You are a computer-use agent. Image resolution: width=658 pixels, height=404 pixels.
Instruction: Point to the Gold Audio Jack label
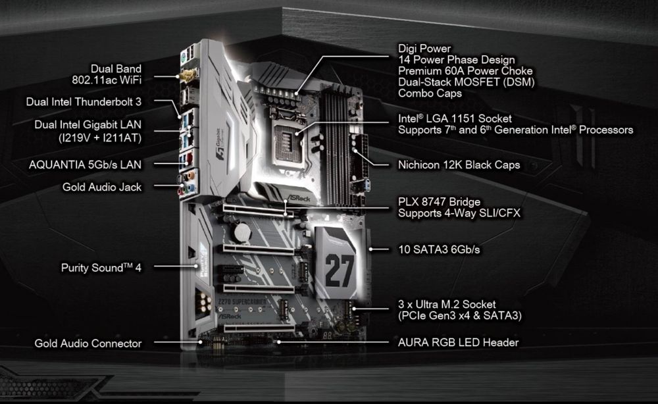pyautogui.click(x=102, y=187)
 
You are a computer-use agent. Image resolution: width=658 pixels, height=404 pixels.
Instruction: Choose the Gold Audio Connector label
pyautogui.click(x=88, y=343)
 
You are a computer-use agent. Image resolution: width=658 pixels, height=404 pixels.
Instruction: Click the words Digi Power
pyautogui.click(x=424, y=49)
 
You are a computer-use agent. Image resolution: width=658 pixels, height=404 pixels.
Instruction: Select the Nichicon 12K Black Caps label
pyautogui.click(x=459, y=165)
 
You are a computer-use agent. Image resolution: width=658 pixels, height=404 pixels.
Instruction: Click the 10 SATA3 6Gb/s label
pyautogui.click(x=439, y=250)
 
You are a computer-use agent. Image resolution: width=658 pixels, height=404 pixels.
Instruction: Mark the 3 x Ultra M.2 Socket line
pyautogui.click(x=447, y=305)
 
